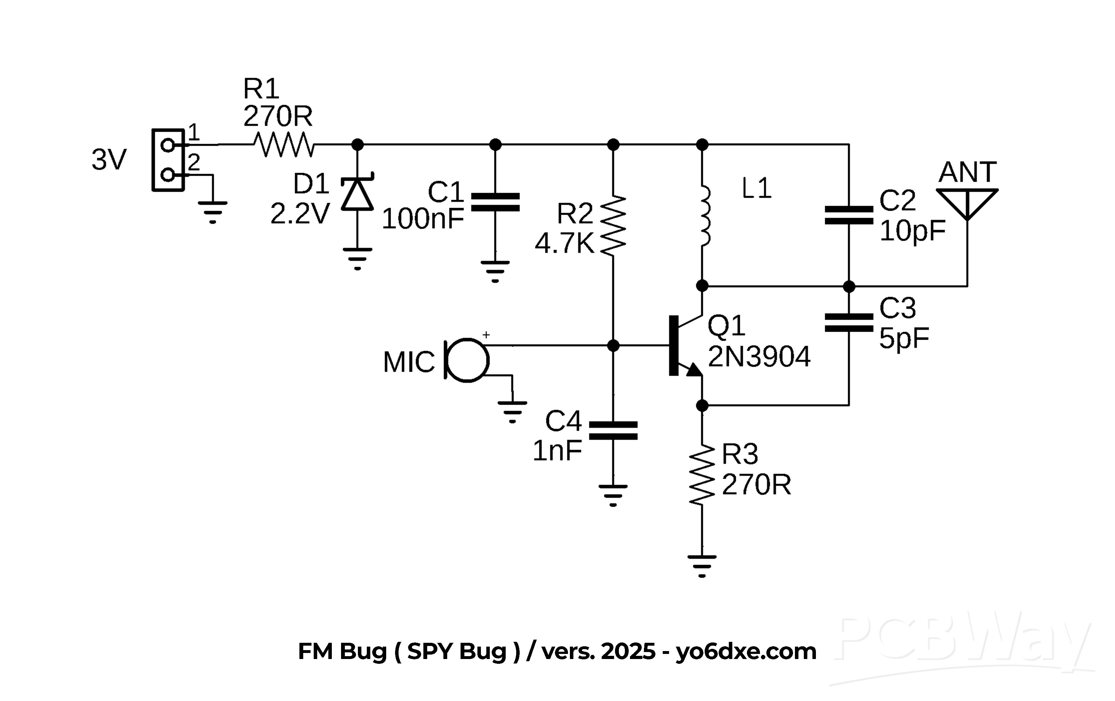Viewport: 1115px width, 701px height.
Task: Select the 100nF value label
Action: (x=422, y=219)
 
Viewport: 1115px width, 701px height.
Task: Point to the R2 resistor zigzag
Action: (x=613, y=226)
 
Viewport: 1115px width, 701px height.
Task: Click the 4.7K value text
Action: (x=564, y=243)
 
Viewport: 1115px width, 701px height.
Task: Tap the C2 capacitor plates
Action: (x=849, y=215)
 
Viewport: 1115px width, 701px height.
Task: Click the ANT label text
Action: (x=967, y=172)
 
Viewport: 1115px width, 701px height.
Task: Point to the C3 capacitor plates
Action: (x=849, y=323)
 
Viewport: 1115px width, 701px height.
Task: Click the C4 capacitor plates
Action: (x=613, y=430)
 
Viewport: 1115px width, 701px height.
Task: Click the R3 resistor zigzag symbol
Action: (x=702, y=475)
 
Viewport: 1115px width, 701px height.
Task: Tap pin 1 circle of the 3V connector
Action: (x=167, y=145)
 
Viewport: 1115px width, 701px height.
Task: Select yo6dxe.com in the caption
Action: (x=746, y=651)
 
